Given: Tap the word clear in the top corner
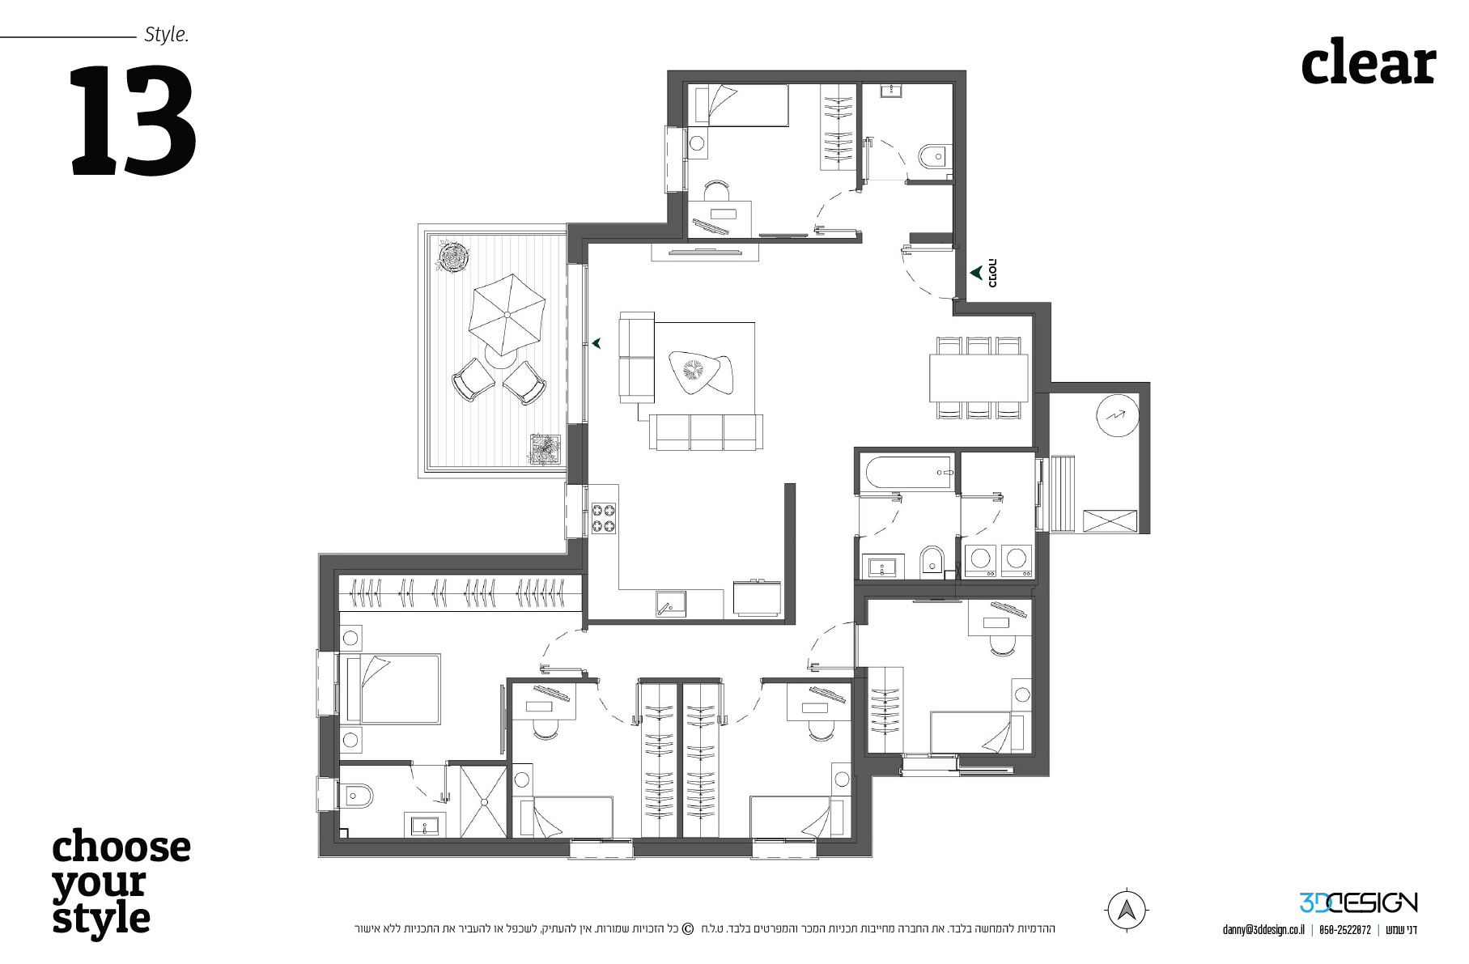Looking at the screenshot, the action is click(1368, 62).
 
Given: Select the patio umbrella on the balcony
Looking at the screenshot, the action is click(507, 314).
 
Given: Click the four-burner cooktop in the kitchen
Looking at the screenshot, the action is click(603, 518).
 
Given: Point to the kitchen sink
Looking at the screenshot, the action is click(671, 604).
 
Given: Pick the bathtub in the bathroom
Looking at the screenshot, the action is click(908, 473).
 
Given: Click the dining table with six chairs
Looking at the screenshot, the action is click(979, 378).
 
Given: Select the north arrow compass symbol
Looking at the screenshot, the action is click(1126, 909).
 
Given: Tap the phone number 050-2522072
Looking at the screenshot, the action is click(1344, 930).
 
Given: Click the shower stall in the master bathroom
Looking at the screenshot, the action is click(483, 801).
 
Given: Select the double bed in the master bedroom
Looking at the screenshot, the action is click(392, 689).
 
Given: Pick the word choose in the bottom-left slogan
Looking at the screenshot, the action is click(121, 847).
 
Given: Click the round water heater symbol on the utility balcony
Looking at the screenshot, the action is click(1117, 416).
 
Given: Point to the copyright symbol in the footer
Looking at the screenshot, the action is click(688, 928).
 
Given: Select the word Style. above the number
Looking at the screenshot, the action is click(166, 35).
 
